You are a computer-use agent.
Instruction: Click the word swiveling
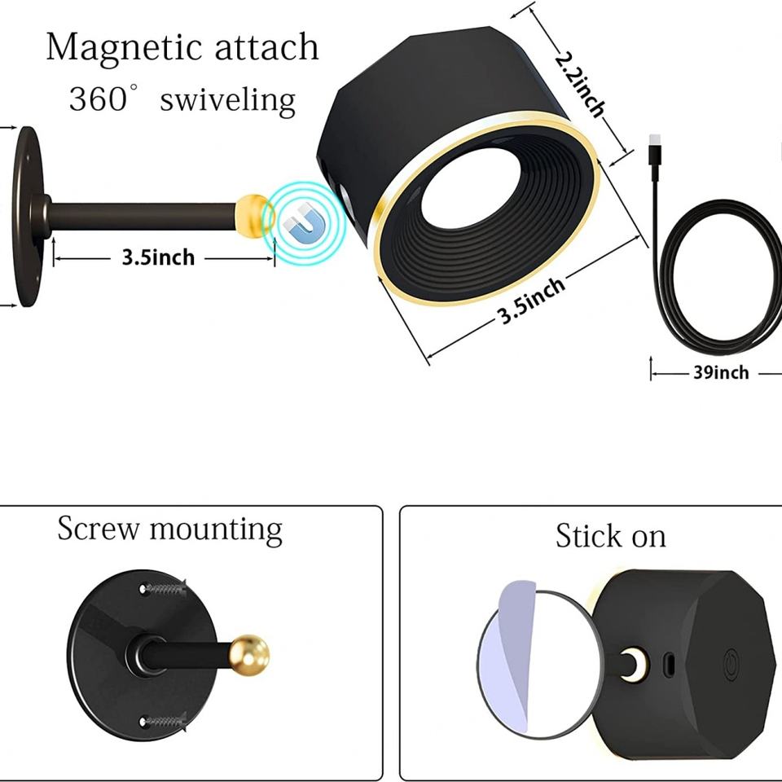coord(227,100)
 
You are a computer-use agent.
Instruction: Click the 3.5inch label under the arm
coord(159,257)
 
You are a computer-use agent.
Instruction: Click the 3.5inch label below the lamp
coord(532,300)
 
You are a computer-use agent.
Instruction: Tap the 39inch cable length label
coord(721,372)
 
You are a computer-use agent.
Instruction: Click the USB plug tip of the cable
coord(655,150)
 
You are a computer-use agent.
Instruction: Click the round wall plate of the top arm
coord(29,216)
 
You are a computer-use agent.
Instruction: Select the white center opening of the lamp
coord(463,187)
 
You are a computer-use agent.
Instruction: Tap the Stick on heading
coord(610,536)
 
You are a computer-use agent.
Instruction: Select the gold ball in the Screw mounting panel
coord(248,654)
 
